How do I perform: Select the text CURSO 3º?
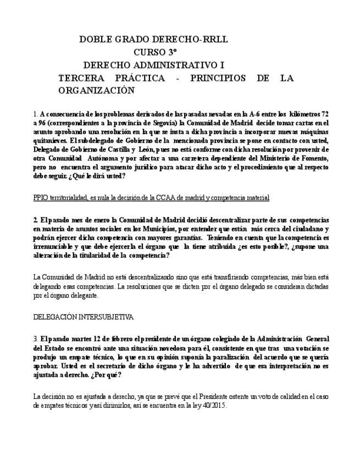pyautogui.click(x=156, y=52)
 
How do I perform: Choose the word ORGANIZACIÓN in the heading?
pyautogui.click(x=96, y=90)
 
